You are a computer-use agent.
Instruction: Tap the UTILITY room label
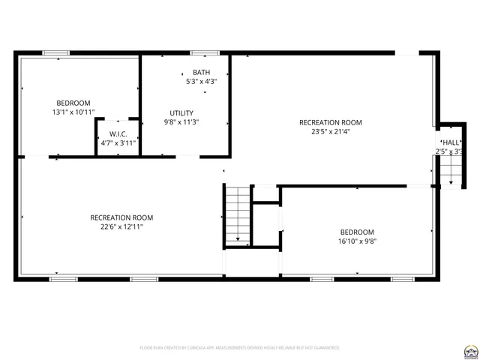pos(181,112)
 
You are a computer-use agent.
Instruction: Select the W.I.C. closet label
pos(118,133)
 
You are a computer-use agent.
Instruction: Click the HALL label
pos(451,142)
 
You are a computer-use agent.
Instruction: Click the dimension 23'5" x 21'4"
pos(330,131)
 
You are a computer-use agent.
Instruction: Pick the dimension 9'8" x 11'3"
pos(181,121)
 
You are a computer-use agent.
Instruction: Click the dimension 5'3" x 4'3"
pos(201,81)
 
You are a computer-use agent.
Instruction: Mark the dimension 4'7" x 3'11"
pos(118,142)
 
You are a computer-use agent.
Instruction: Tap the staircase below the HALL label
pos(448,172)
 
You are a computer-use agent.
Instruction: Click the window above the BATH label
pos(204,53)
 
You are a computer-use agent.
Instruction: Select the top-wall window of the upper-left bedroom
pos(55,53)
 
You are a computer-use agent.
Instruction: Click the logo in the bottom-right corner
pos(471,349)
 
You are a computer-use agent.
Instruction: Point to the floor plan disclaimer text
pos(240,348)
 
